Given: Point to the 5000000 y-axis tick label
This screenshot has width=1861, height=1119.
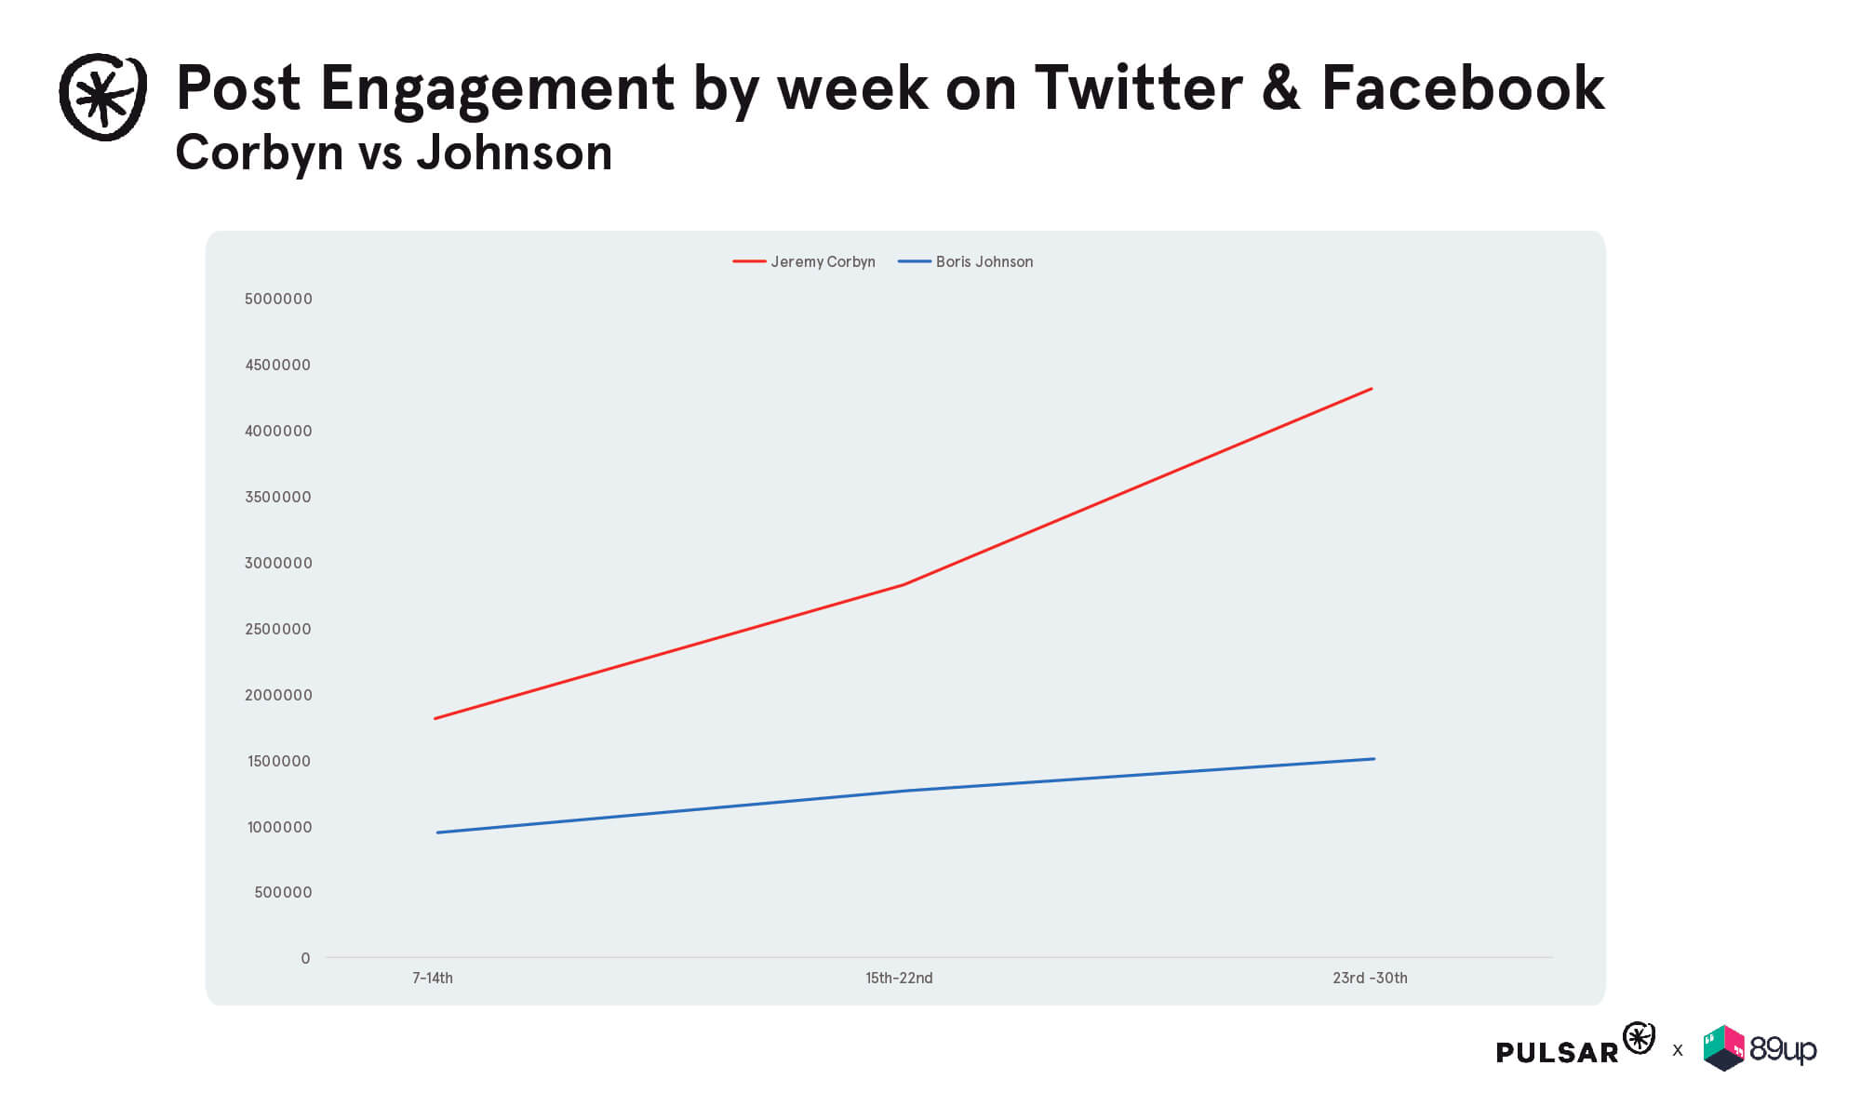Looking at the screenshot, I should [x=278, y=299].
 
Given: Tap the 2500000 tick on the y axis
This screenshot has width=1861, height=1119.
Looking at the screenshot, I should [x=278, y=629].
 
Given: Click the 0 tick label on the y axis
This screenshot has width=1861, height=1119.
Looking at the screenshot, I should [x=305, y=958].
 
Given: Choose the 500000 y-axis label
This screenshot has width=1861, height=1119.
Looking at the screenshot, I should [x=283, y=892].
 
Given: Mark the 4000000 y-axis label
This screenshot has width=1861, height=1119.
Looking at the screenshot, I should [x=278, y=431].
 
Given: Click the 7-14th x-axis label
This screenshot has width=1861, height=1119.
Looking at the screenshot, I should [x=433, y=978].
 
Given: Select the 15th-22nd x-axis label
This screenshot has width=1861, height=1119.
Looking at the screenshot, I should [x=899, y=978].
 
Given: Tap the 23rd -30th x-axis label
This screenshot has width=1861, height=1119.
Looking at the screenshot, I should [x=1370, y=978].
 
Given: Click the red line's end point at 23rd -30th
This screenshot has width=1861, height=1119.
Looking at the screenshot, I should [x=1372, y=389].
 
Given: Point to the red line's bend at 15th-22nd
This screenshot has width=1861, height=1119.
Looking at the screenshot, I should [x=903, y=584].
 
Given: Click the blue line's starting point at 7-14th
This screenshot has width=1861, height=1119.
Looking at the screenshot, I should [x=437, y=833].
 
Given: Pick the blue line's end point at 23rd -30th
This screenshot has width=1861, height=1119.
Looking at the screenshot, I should [x=1373, y=759].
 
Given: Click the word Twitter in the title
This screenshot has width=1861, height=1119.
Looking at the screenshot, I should [x=1138, y=88].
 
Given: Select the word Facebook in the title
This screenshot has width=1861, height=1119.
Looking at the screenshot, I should [x=1462, y=88].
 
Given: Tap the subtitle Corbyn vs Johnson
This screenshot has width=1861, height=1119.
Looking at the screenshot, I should [x=394, y=153].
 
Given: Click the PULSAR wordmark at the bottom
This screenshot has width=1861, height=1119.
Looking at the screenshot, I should [x=1557, y=1052].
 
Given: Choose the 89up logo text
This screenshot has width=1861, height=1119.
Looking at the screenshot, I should [x=1782, y=1049].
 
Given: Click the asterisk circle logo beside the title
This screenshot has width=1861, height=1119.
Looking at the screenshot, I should [x=102, y=97].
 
